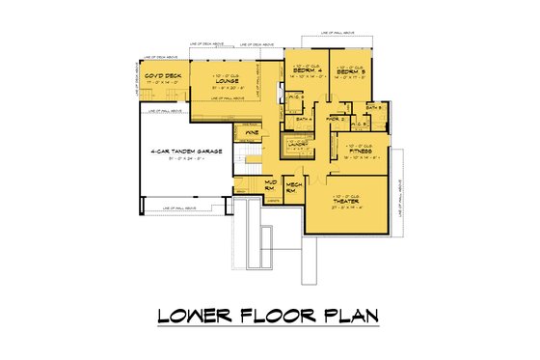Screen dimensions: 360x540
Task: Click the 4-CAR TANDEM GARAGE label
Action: [x=180, y=152]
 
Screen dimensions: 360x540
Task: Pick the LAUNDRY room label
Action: [x=295, y=144]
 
